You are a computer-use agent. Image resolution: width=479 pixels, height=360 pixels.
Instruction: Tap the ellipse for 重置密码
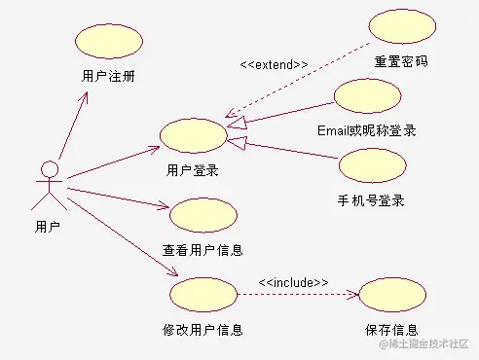coord(402,26)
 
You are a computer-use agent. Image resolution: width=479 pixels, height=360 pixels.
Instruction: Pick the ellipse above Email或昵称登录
coord(366,96)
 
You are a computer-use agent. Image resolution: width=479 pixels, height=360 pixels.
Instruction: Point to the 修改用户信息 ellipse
coord(203,293)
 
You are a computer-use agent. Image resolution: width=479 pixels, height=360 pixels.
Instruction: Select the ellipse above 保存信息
coord(392,294)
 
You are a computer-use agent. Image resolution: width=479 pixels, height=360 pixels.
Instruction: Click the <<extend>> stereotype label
coord(274,64)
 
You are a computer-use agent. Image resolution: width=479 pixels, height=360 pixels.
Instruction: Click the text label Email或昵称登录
coord(367,129)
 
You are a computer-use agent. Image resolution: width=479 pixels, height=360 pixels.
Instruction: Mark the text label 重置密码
coord(402,60)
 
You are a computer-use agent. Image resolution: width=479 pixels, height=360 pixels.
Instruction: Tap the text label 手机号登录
coord(371,200)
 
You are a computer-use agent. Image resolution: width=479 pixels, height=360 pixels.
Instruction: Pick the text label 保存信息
coord(392,329)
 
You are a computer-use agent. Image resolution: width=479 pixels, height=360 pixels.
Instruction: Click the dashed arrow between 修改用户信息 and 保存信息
coord(297,294)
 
